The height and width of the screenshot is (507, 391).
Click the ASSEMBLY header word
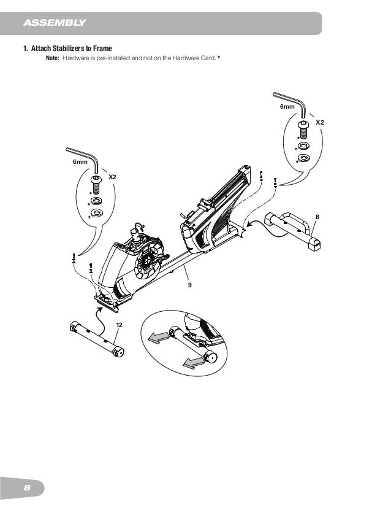(54, 24)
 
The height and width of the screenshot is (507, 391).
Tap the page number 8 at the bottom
(27, 487)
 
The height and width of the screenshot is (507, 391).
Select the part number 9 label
(190, 285)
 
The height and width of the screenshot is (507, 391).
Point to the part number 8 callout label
(317, 217)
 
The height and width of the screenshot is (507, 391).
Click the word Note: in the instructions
(53, 57)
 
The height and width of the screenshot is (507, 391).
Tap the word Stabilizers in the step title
(67, 48)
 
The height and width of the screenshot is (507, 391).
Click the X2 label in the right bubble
(319, 123)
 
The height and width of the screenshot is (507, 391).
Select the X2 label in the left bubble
(112, 177)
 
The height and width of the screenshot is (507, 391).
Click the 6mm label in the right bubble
(287, 107)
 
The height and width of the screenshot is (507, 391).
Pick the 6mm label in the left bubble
(80, 161)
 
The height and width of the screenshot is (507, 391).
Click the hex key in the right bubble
(290, 101)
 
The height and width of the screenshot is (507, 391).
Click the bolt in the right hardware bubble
(303, 129)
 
